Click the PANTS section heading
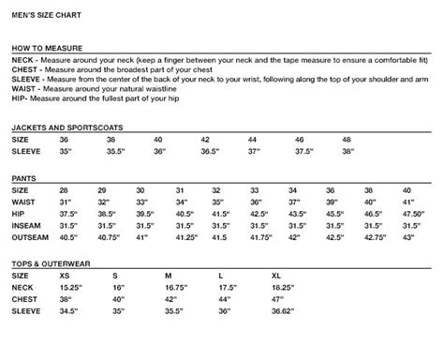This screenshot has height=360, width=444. pyautogui.click(x=24, y=175)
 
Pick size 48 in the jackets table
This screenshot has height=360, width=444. pyautogui.click(x=348, y=138)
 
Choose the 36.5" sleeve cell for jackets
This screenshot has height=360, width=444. pyautogui.click(x=211, y=150)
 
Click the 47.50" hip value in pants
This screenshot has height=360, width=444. pyautogui.click(x=413, y=213)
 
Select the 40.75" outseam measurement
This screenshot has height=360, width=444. pyautogui.click(x=110, y=238)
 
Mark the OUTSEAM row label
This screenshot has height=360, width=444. pyautogui.click(x=30, y=238)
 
